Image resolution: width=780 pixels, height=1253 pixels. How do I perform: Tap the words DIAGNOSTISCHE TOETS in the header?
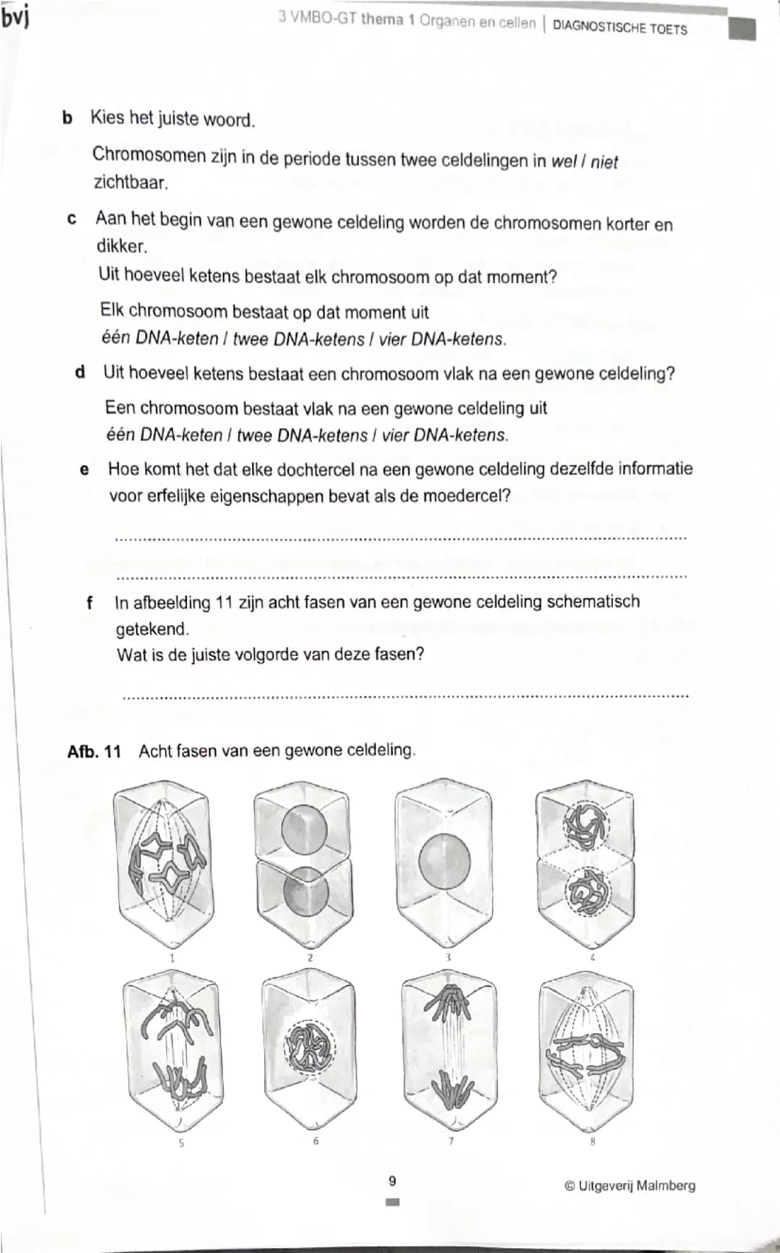pos(620,27)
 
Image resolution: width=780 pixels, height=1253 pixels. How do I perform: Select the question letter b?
pos(67,117)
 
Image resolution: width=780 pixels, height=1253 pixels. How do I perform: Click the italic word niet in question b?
pos(604,162)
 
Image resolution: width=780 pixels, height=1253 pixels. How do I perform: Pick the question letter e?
pos(84,470)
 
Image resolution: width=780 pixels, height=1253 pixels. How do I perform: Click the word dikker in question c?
pos(121,246)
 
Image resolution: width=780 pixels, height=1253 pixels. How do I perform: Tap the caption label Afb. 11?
pos(94,751)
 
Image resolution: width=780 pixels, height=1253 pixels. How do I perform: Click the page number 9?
pos(392,1182)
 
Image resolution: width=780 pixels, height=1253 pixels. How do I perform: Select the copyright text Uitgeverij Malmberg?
pos(630,1185)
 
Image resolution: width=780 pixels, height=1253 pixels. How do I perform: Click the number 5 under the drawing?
pos(181,1143)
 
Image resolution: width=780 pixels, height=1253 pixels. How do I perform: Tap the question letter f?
pos(90,602)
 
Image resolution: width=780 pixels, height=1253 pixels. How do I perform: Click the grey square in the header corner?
pos(742,30)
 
